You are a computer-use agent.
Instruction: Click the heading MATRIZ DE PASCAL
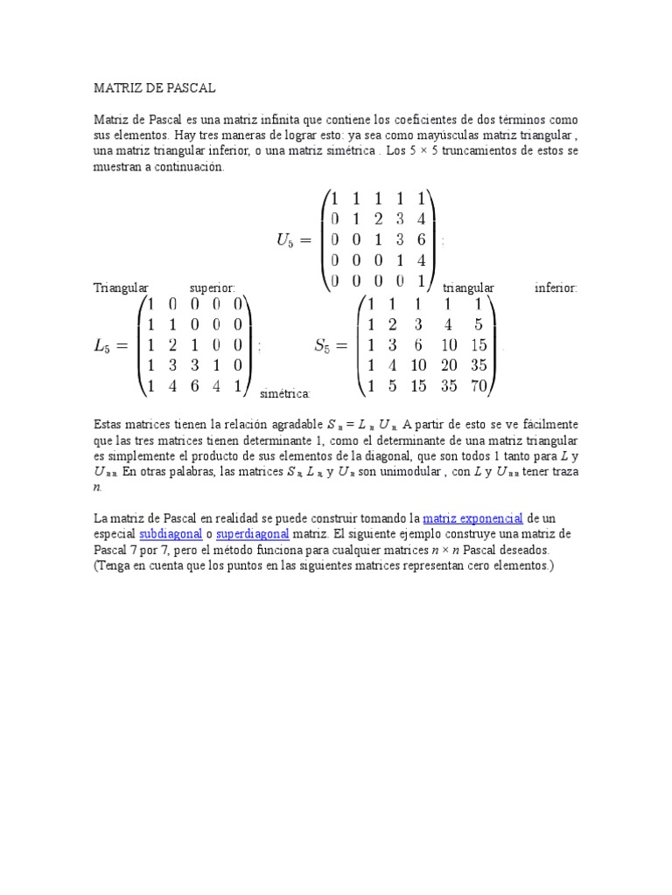pyautogui.click(x=155, y=88)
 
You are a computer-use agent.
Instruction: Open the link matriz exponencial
pyautogui.click(x=472, y=519)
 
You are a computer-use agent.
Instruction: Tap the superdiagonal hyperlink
pyautogui.click(x=253, y=534)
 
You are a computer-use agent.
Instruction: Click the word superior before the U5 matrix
pyautogui.click(x=213, y=288)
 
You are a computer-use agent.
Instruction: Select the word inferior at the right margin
pyautogui.click(x=556, y=288)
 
